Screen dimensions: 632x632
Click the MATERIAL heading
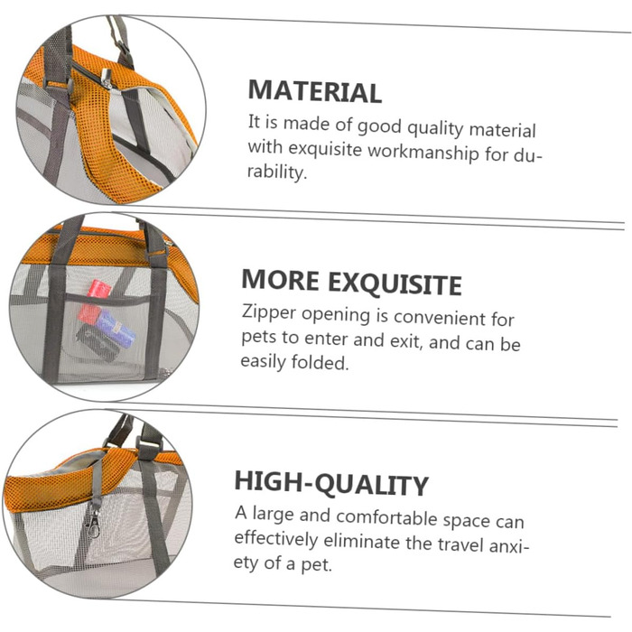pyautogui.click(x=315, y=91)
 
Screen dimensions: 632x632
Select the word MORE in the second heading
pyautogui.click(x=280, y=280)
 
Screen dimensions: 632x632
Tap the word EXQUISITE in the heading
pyautogui.click(x=395, y=283)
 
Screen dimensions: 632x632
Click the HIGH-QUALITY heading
pyautogui.click(x=331, y=483)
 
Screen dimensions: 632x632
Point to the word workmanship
pyautogui.click(x=423, y=152)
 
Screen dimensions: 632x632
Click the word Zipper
pyautogui.click(x=269, y=312)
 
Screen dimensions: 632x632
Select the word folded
pyautogui.click(x=320, y=362)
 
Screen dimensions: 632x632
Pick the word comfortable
pyautogui.click(x=387, y=517)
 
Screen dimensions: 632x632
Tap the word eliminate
pyautogui.click(x=361, y=541)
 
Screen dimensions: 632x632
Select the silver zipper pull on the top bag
pyautogui.click(x=107, y=79)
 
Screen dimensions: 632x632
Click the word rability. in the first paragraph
pyautogui.click(x=277, y=172)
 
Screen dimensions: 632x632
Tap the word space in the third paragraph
pyautogui.click(x=467, y=521)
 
